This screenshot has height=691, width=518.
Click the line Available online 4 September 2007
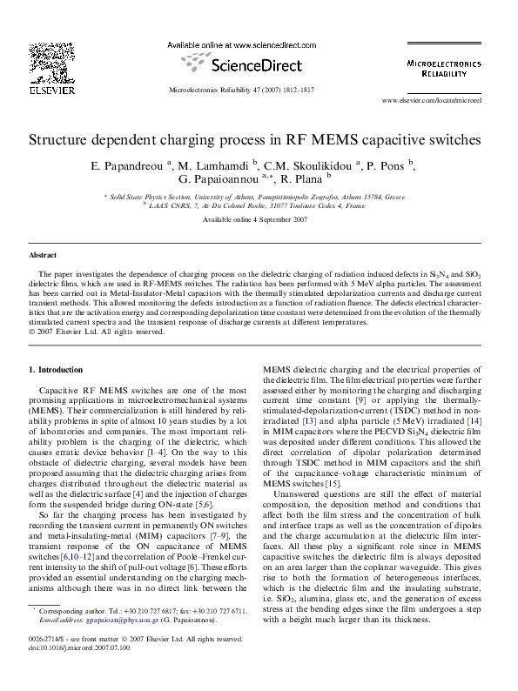(255, 220)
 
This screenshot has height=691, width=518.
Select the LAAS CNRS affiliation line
(258, 207)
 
